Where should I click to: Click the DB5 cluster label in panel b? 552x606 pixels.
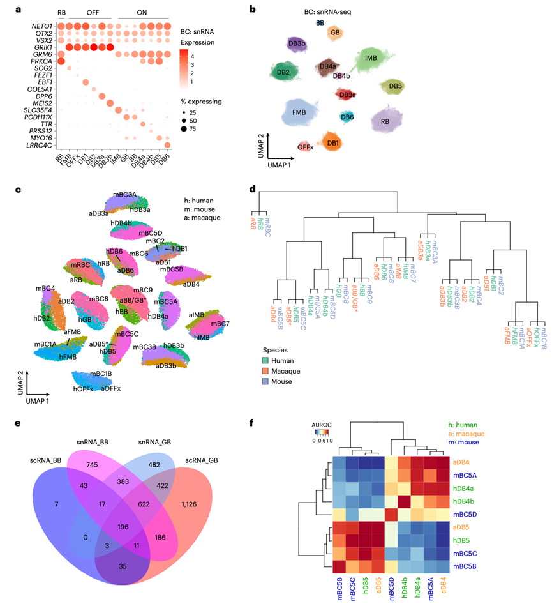[394, 86]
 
